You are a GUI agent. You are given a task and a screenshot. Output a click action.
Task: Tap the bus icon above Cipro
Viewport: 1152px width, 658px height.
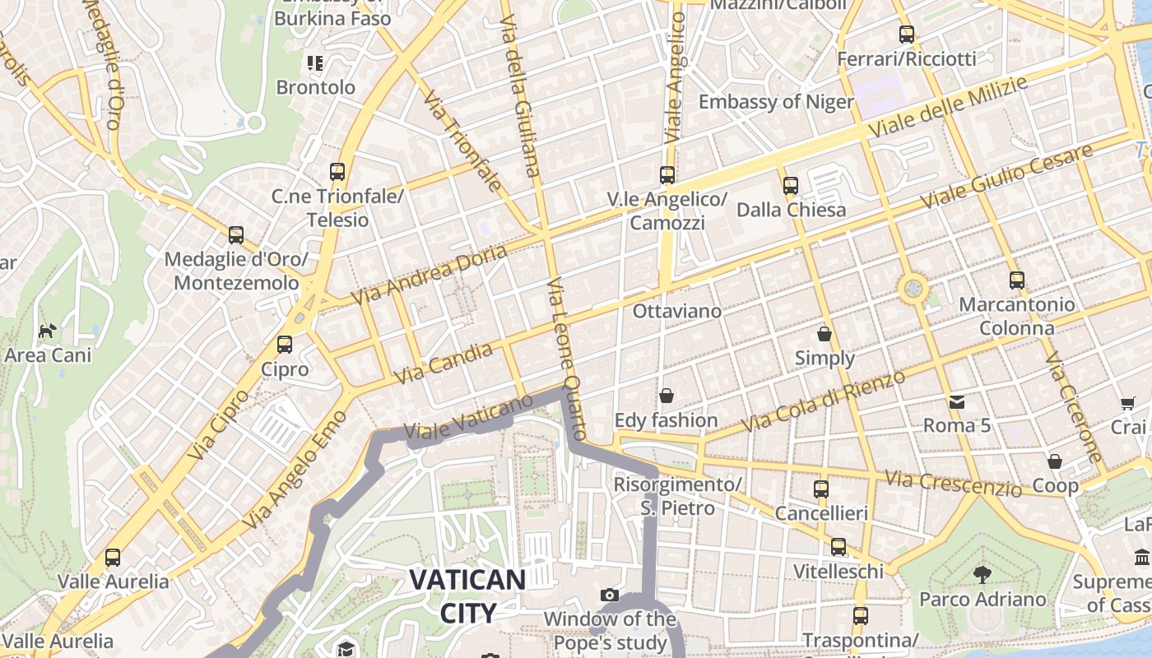point(285,345)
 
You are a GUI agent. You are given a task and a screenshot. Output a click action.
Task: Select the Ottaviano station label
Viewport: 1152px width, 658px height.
point(676,311)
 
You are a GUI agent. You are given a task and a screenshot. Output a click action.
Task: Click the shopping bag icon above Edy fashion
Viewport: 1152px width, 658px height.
point(667,396)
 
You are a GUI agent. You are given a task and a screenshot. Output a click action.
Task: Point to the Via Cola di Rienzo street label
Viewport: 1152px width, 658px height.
point(824,401)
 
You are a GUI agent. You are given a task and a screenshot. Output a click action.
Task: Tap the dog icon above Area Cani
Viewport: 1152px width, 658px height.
point(48,331)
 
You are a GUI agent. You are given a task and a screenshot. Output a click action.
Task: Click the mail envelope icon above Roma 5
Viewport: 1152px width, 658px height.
point(956,401)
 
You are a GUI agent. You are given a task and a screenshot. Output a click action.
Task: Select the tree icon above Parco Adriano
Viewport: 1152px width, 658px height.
point(982,574)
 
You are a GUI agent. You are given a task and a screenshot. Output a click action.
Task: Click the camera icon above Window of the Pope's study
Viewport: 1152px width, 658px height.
point(609,595)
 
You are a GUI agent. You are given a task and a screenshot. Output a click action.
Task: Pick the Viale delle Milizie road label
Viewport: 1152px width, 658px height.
point(948,107)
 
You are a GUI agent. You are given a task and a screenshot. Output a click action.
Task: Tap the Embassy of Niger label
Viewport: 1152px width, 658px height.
point(776,102)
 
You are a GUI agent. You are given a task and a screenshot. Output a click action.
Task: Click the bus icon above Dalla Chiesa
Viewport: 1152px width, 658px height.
point(791,186)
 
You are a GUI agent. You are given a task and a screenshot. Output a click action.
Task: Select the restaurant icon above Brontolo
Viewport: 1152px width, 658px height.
point(315,63)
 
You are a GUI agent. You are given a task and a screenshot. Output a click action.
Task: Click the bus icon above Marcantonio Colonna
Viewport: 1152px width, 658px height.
point(1017,280)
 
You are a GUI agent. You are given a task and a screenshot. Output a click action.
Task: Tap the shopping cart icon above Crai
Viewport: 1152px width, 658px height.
point(1127,403)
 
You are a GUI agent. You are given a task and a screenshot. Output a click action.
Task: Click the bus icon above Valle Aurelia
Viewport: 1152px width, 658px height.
point(113,558)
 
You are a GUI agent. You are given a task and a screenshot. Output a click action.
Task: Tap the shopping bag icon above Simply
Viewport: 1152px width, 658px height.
point(825,334)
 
